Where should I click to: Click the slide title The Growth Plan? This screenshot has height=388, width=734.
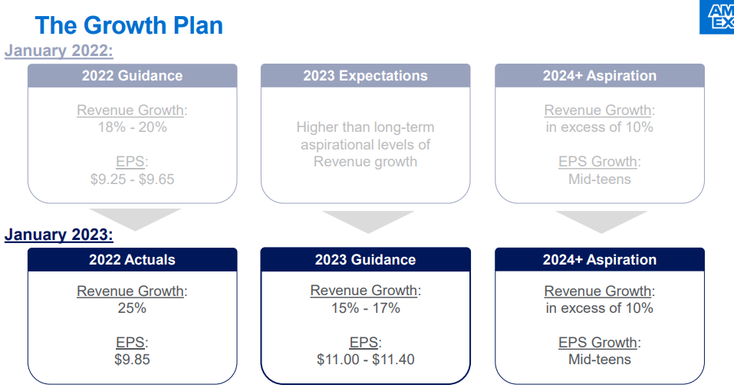click(129, 25)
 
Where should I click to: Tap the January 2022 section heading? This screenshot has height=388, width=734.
click(59, 51)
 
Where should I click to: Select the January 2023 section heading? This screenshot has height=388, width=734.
click(59, 235)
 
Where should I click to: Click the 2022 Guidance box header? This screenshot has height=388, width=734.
click(133, 76)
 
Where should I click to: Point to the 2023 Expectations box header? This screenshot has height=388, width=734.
click(366, 76)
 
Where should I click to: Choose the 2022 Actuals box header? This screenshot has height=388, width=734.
click(133, 260)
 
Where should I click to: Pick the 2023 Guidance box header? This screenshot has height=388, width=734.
click(366, 260)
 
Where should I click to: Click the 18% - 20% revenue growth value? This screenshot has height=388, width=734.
click(133, 127)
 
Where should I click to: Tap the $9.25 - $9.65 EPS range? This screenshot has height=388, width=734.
click(133, 179)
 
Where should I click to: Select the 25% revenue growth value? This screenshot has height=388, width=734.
click(133, 308)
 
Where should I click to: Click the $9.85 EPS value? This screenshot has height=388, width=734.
click(133, 360)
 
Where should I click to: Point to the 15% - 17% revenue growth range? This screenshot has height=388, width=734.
click(366, 308)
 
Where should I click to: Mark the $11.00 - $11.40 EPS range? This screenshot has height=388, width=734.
click(366, 360)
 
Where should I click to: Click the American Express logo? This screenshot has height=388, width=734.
click(716, 17)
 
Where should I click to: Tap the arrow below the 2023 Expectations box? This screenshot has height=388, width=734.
click(368, 221)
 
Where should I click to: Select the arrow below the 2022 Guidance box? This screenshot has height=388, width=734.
click(135, 219)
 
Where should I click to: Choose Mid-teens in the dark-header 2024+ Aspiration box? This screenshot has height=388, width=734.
click(600, 360)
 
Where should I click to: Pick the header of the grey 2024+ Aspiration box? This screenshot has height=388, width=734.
click(600, 76)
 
